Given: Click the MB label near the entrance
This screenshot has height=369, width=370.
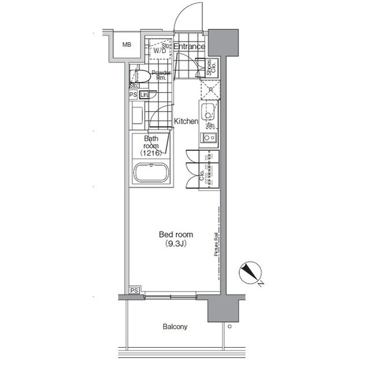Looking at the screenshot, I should point(126,45).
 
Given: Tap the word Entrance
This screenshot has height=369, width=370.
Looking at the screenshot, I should point(189,46).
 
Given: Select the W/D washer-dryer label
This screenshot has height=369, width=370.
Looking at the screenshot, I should point(160,50).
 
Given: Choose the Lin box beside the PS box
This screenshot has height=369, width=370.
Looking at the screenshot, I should point(144,95).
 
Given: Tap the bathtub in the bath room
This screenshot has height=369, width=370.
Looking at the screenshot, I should point(151,173).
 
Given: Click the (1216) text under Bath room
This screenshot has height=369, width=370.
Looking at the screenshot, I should point(151,154).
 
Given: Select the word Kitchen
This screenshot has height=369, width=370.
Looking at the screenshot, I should point(186,121).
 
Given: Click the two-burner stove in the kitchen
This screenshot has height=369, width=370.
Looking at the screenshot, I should point(208,138).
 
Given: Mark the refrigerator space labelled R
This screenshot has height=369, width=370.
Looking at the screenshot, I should point(209,90).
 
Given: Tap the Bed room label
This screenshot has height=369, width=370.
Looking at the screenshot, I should point(176,234).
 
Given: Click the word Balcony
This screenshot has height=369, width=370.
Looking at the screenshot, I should point(174,327).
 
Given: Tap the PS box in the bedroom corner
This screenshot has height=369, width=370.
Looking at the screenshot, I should point(134,290).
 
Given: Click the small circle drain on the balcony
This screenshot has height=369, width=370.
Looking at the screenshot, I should point(230,326).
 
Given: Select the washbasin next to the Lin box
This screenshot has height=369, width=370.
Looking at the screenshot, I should point(136,115).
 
